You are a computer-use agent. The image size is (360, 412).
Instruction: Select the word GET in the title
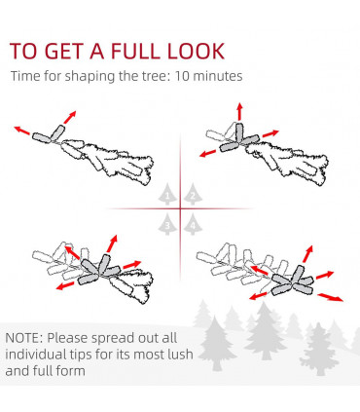63,51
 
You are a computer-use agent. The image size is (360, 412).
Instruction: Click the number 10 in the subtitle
182,76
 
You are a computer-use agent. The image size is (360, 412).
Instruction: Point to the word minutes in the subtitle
218,76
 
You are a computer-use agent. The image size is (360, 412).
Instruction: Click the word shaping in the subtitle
90,77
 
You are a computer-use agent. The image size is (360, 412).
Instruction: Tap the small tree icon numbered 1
167,195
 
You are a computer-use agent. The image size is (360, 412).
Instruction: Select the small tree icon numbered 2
193,195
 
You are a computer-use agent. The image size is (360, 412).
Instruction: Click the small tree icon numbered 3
167,224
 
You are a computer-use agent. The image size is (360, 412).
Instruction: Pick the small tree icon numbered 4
193,224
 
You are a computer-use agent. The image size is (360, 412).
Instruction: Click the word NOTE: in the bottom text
24,338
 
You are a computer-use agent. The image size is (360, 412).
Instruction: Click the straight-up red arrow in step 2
239,111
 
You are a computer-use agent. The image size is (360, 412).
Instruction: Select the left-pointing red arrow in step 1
21,131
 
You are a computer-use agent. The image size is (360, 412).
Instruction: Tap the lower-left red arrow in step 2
207,153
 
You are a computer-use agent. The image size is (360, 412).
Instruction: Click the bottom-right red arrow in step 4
330,297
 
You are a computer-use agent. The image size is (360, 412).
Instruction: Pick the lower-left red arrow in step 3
65,285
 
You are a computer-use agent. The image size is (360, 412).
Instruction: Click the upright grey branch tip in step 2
239,133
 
